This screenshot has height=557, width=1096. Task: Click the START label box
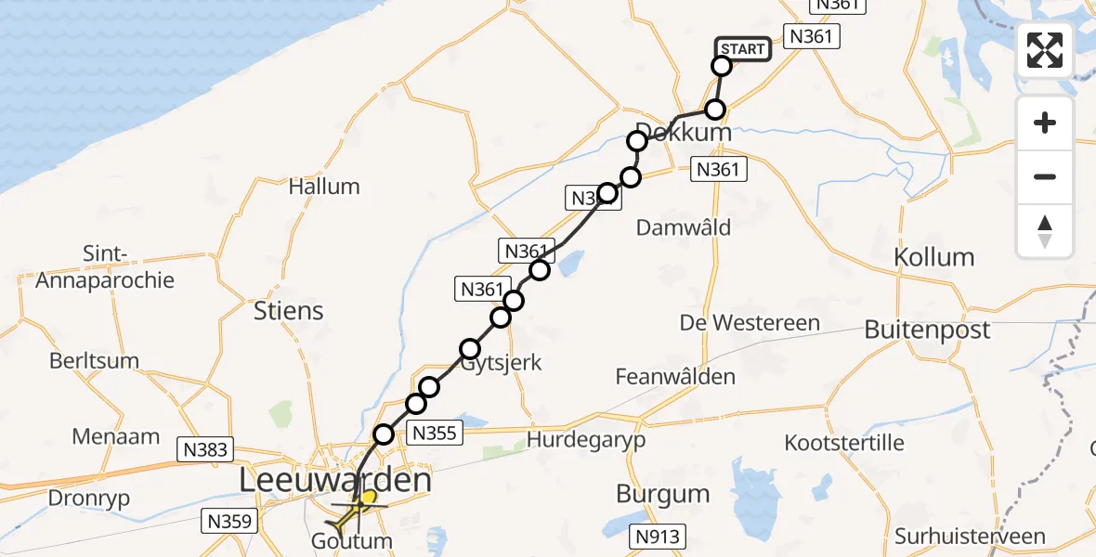pos(742,48)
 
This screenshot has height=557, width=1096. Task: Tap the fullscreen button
pos(1045,50)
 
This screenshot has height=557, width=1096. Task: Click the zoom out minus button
pos(1045,176)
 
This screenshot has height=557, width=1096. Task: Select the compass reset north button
pos(1045,231)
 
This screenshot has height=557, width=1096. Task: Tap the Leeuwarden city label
pos(335,480)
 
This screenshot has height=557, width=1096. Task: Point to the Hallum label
pos(324,186)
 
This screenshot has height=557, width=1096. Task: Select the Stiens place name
pos(289,310)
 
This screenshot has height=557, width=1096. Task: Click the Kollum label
pos(934,257)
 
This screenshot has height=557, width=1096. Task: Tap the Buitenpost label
pos(927,330)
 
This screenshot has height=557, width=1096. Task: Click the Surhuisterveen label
pos(970,536)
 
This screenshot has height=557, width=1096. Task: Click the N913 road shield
pos(659,536)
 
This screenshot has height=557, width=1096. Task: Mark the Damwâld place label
pos(685,227)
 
